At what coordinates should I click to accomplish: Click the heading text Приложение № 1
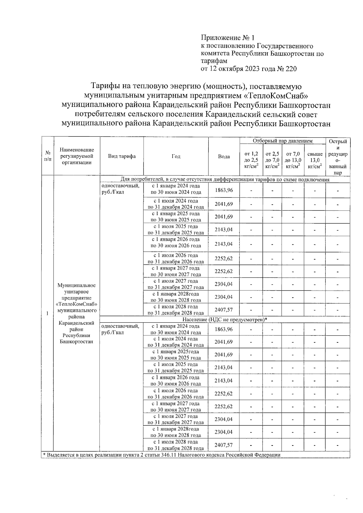(228, 38)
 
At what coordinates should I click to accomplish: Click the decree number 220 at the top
(291, 69)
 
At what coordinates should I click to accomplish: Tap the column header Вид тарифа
(122, 156)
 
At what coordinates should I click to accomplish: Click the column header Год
(176, 156)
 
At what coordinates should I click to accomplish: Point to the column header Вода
(224, 156)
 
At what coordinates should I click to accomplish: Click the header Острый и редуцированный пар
(338, 157)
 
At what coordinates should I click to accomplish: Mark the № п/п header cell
(47, 156)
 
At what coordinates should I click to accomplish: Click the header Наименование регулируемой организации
(77, 156)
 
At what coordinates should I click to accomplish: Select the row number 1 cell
(47, 313)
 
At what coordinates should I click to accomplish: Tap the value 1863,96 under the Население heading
(224, 329)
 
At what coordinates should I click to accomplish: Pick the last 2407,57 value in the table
(224, 445)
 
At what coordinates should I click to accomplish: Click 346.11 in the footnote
(171, 455)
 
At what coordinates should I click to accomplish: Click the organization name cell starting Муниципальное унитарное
(77, 313)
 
